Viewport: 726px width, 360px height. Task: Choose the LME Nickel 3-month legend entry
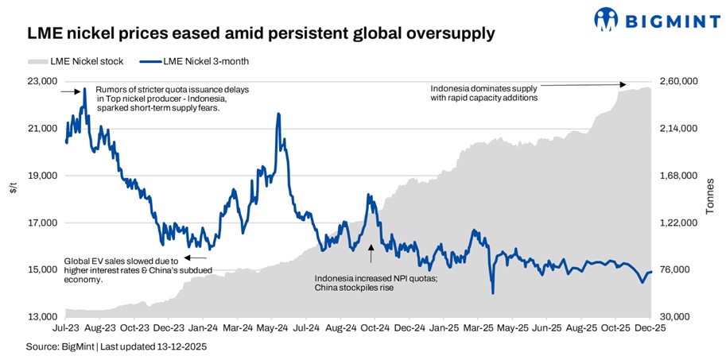tap(199, 61)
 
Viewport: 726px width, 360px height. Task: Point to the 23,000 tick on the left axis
tap(42, 81)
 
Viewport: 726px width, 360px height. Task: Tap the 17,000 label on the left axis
tap(42, 223)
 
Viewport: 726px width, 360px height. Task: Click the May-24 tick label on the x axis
tap(273, 327)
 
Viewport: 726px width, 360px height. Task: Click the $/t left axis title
tap(12, 188)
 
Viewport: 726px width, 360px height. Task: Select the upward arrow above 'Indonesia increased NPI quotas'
tap(371, 254)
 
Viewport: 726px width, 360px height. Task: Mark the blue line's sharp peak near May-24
tap(278, 114)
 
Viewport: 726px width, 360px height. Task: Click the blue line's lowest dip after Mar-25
tap(493, 292)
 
